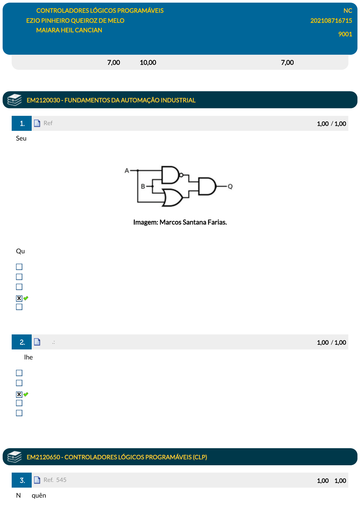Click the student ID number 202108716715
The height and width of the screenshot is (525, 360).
coord(331,21)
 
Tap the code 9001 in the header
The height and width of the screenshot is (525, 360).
coord(345,34)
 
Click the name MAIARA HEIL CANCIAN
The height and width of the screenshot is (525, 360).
coord(69,30)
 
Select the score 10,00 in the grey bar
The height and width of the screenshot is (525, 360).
coord(148,62)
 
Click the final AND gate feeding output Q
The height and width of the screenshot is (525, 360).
coord(207,186)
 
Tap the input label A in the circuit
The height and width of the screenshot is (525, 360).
coord(127,171)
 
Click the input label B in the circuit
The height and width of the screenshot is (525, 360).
coord(143,186)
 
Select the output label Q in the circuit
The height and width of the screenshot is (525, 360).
coord(230,186)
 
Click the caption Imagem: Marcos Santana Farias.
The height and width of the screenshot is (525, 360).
coord(180,222)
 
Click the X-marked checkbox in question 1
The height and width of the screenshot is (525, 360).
coord(19,298)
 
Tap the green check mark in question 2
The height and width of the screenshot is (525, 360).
coord(26,394)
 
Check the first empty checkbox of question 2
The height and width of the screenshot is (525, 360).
coord(19,373)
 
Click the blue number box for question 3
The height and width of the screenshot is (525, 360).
coord(22,480)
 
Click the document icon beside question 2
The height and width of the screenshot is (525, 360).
coord(37,342)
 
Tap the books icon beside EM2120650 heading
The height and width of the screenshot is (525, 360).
coord(14,457)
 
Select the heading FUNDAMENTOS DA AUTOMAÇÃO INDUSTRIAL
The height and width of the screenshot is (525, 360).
coord(130,100)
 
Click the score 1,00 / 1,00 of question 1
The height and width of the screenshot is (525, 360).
coord(331,123)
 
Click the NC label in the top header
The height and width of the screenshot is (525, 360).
coord(348,11)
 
